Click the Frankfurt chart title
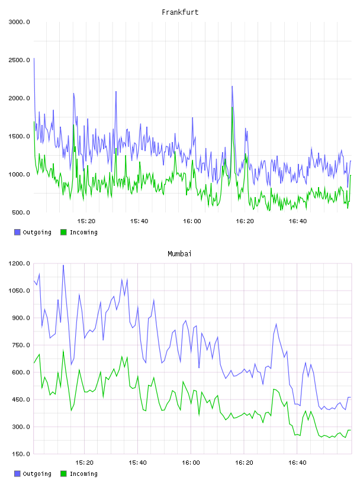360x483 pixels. click(x=180, y=12)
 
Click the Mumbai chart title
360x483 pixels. click(x=179, y=254)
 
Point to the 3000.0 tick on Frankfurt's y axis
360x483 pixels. click(x=19, y=22)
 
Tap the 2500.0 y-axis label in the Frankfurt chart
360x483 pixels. click(x=19, y=60)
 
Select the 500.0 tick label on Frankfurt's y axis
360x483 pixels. click(x=21, y=212)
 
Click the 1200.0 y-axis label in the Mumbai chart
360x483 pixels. click(x=19, y=263)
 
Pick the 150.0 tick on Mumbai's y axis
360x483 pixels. click(x=21, y=454)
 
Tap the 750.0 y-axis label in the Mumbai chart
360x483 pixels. click(x=21, y=345)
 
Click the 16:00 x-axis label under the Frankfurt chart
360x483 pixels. click(x=192, y=221)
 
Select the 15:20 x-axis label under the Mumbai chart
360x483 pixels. click(x=84, y=463)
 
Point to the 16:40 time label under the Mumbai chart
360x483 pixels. click(x=297, y=463)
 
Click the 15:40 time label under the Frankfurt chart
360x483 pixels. click(x=139, y=221)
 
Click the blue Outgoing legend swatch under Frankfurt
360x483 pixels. click(x=17, y=232)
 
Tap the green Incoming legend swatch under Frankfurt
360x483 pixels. click(x=63, y=232)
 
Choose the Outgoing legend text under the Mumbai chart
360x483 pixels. click(x=37, y=474)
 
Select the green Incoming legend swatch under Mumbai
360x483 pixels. click(x=63, y=474)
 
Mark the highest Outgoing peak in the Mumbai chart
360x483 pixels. click(x=63, y=265)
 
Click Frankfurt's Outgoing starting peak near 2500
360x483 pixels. click(x=34, y=58)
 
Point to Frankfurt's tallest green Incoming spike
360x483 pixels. click(x=232, y=107)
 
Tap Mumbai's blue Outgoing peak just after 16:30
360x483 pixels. click(x=276, y=324)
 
